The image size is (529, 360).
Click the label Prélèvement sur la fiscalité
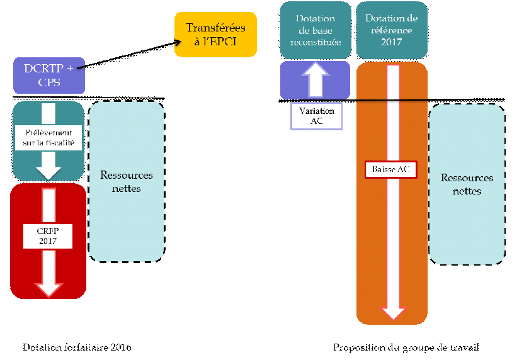point(48,137)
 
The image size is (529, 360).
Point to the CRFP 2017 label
point(48,237)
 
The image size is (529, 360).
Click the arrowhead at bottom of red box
point(48,287)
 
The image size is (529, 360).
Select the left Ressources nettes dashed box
point(127,181)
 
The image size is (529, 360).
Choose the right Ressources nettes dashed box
point(467,184)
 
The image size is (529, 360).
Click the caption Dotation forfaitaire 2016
point(77,347)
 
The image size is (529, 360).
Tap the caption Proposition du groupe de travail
point(410,347)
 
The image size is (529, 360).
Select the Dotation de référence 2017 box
point(391,30)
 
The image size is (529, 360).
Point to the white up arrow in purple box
point(316,80)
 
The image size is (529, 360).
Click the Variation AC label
point(316,116)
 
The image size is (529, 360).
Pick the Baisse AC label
point(390,169)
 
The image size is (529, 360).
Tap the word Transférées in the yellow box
point(216,28)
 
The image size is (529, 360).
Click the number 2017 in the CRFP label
point(48,242)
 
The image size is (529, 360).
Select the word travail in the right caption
point(472,347)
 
